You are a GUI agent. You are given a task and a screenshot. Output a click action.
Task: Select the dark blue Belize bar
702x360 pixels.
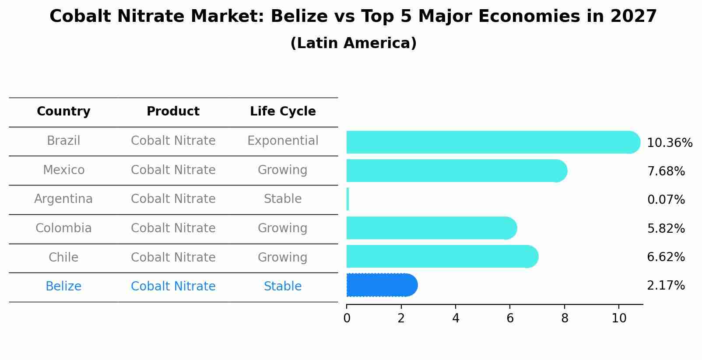click(381, 285)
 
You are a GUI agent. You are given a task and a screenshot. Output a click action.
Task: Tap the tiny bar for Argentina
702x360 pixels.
click(348, 199)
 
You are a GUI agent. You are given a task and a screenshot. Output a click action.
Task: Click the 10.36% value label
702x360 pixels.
click(669, 143)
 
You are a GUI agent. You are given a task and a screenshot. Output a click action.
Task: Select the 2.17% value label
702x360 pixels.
click(666, 286)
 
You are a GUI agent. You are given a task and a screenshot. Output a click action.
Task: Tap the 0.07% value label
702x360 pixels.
click(666, 200)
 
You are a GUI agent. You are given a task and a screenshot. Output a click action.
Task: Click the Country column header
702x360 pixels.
click(63, 112)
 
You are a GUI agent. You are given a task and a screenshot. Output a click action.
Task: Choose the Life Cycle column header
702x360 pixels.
click(283, 112)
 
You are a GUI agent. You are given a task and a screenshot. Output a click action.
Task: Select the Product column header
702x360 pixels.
click(173, 112)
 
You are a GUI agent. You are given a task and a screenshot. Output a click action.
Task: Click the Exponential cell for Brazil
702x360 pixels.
click(283, 141)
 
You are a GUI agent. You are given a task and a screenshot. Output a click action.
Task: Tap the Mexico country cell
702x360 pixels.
click(63, 170)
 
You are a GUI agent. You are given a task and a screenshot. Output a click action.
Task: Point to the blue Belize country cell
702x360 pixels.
click(63, 287)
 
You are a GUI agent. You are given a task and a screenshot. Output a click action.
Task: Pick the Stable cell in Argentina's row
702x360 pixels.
click(283, 199)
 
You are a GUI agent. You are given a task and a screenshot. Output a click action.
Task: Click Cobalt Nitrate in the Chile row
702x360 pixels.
click(173, 257)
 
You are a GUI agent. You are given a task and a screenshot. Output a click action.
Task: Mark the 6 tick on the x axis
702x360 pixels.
click(510, 318)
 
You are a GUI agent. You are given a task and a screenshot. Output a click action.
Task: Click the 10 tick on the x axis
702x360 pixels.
click(619, 318)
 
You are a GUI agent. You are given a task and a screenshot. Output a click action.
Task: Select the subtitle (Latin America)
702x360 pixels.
click(353, 43)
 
